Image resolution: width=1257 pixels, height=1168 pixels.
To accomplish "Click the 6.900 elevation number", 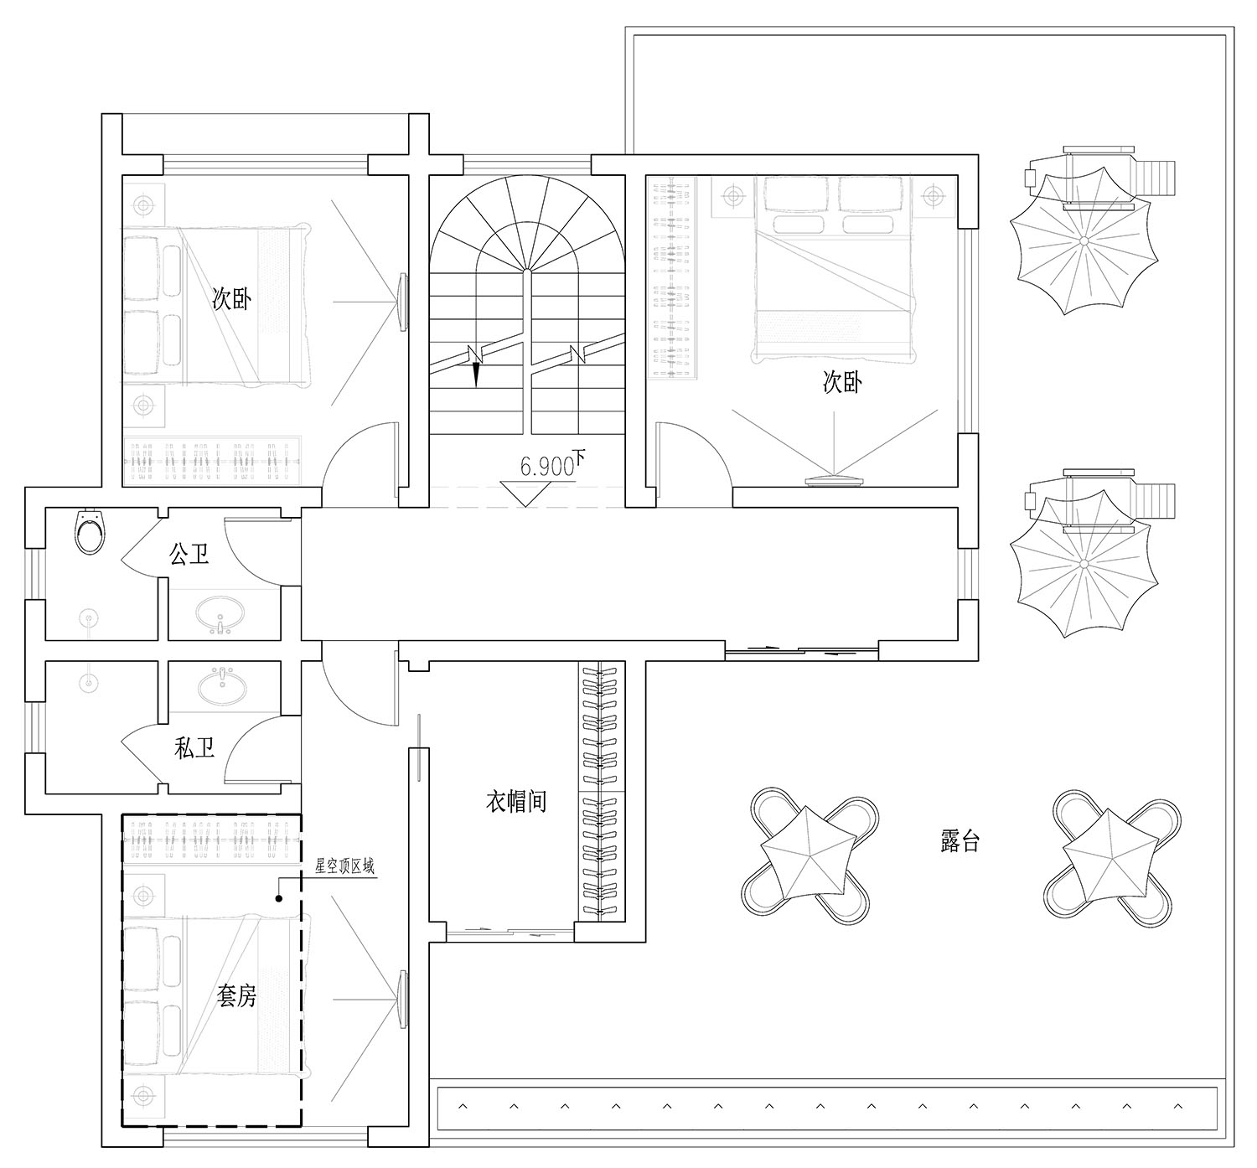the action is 547,467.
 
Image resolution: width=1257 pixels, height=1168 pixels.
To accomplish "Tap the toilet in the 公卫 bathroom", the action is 89,530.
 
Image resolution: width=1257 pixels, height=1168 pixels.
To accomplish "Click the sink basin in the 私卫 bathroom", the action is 222,685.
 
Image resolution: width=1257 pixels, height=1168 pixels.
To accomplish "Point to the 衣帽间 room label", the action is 516,802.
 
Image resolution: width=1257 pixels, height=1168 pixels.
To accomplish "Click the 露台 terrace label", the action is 960,842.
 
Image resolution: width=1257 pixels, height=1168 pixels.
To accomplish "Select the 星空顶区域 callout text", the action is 345,866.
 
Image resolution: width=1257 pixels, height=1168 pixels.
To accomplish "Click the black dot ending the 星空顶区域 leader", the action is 278,898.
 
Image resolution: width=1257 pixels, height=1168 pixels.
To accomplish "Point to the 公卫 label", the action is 189,555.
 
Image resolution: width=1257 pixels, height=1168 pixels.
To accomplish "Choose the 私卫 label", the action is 194,749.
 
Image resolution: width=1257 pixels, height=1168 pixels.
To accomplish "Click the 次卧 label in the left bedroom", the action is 231,299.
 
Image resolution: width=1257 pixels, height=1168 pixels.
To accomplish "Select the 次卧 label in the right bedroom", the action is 842,382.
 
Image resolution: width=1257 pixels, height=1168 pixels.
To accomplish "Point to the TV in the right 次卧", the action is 834,480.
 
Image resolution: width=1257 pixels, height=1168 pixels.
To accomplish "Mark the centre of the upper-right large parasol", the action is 1084,240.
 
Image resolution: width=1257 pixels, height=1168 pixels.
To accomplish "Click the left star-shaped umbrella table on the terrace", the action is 810,856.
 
